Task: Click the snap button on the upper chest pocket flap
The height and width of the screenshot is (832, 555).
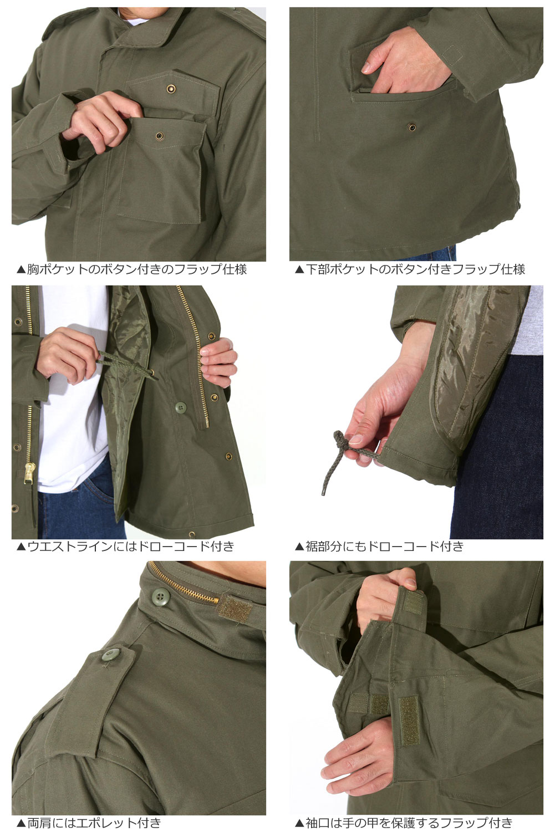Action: click(x=171, y=88)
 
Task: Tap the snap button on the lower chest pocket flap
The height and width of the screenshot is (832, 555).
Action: click(x=159, y=136)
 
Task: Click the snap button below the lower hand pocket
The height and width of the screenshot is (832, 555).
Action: click(x=411, y=127)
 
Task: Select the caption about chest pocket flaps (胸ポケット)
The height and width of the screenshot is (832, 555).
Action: click(x=132, y=269)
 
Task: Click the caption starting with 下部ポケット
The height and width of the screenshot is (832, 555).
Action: click(x=410, y=269)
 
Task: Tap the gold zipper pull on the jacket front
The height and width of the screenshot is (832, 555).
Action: click(x=29, y=473)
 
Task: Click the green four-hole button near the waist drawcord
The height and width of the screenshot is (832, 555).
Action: click(x=181, y=407)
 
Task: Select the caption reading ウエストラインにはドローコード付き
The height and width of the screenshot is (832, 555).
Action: click(x=125, y=546)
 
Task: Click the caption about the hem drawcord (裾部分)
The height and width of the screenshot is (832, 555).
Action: click(x=379, y=546)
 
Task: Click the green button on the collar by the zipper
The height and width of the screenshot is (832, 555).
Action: click(x=161, y=596)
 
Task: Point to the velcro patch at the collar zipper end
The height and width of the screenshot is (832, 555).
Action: click(x=235, y=608)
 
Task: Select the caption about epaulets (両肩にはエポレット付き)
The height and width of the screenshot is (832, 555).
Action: click(x=89, y=823)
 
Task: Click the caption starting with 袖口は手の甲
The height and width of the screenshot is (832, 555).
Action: click(x=404, y=823)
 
